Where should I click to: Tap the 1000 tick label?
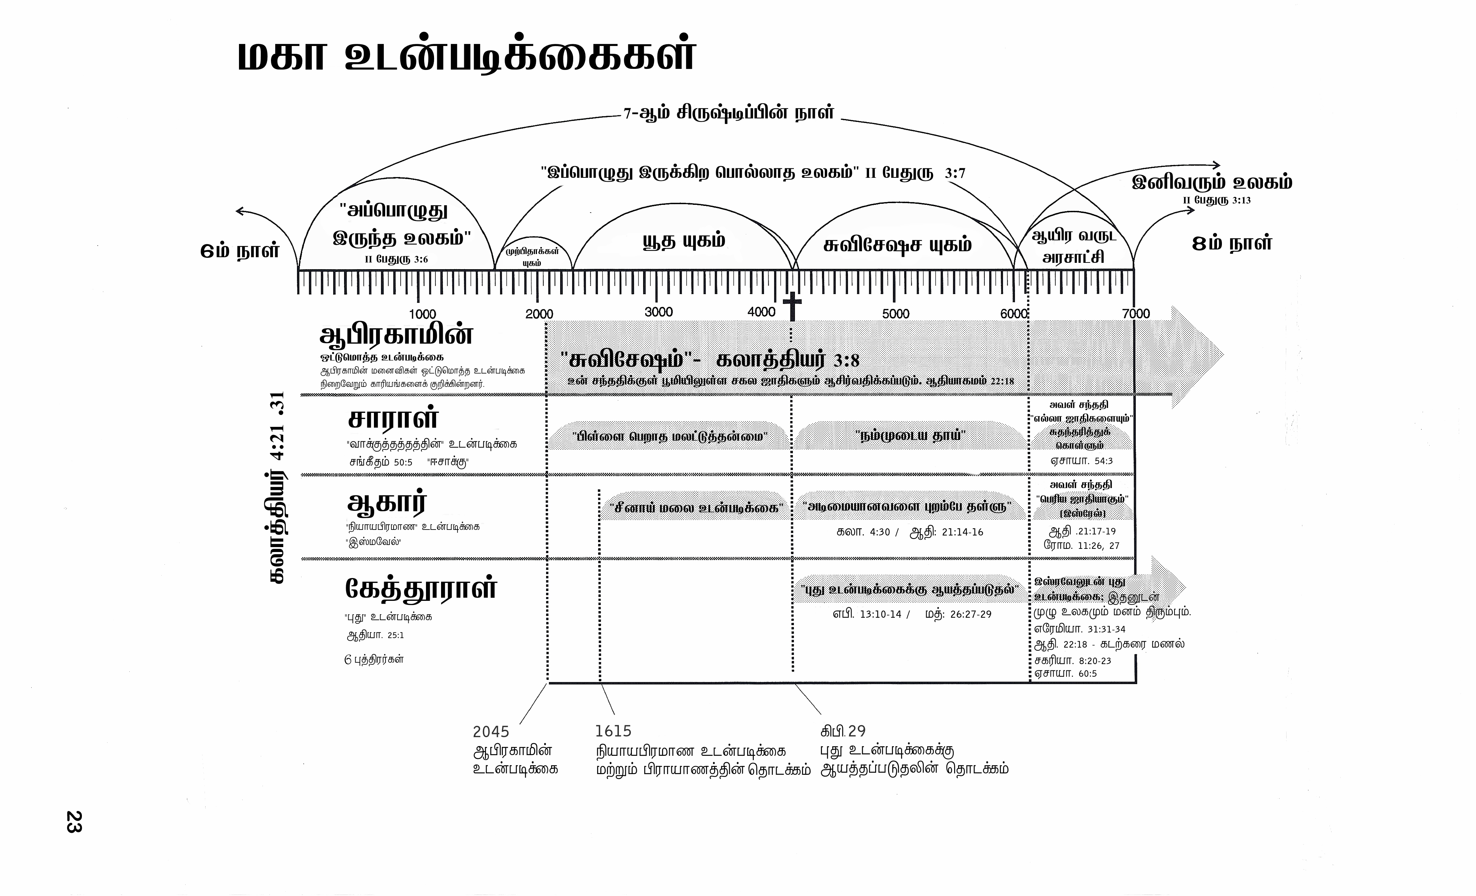pyautogui.click(x=422, y=314)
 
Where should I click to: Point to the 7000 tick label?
pyautogui.click(x=1136, y=313)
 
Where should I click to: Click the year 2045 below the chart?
pyautogui.click(x=491, y=731)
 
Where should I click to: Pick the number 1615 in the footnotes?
pyautogui.click(x=613, y=731)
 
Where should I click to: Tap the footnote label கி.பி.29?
pyautogui.click(x=843, y=731)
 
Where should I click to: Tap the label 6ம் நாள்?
pyautogui.click(x=240, y=250)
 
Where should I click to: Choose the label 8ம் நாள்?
pyautogui.click(x=1232, y=243)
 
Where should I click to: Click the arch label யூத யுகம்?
pyautogui.click(x=684, y=241)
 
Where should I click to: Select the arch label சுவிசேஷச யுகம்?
pyautogui.click(x=897, y=245)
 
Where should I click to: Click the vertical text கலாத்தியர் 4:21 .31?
pyautogui.click(x=277, y=488)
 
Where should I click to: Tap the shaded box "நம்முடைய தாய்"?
pyautogui.click(x=910, y=435)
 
